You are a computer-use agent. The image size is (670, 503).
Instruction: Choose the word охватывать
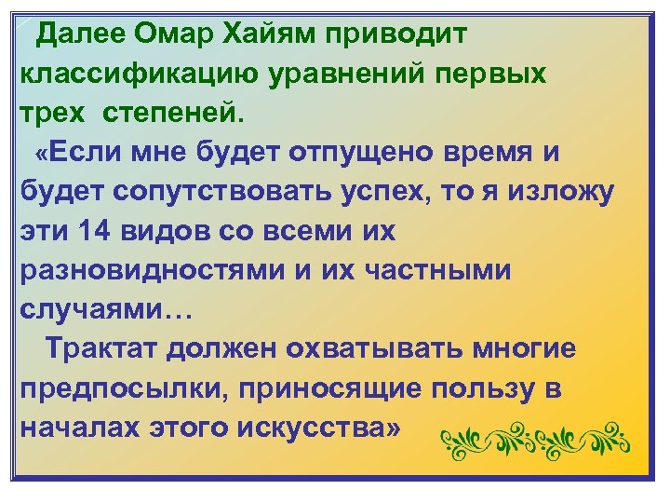coord(376,350)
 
